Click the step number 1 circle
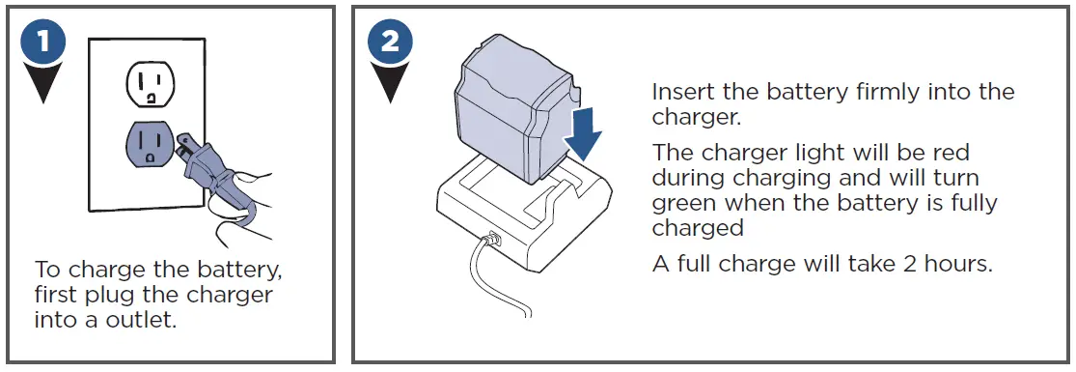pyautogui.click(x=43, y=43)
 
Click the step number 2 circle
pyautogui.click(x=391, y=43)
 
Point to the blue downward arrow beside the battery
pyautogui.click(x=582, y=131)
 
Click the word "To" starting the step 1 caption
pyautogui.click(x=46, y=268)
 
